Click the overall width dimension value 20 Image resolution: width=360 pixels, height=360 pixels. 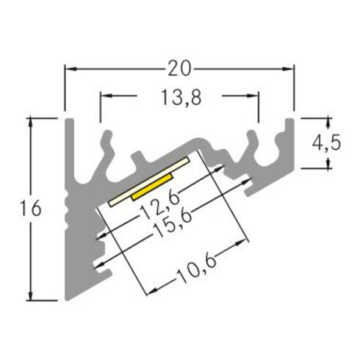(180, 68)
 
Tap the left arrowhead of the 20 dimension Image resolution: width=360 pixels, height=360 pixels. (71, 68)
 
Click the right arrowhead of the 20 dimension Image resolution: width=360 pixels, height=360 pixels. (289, 68)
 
